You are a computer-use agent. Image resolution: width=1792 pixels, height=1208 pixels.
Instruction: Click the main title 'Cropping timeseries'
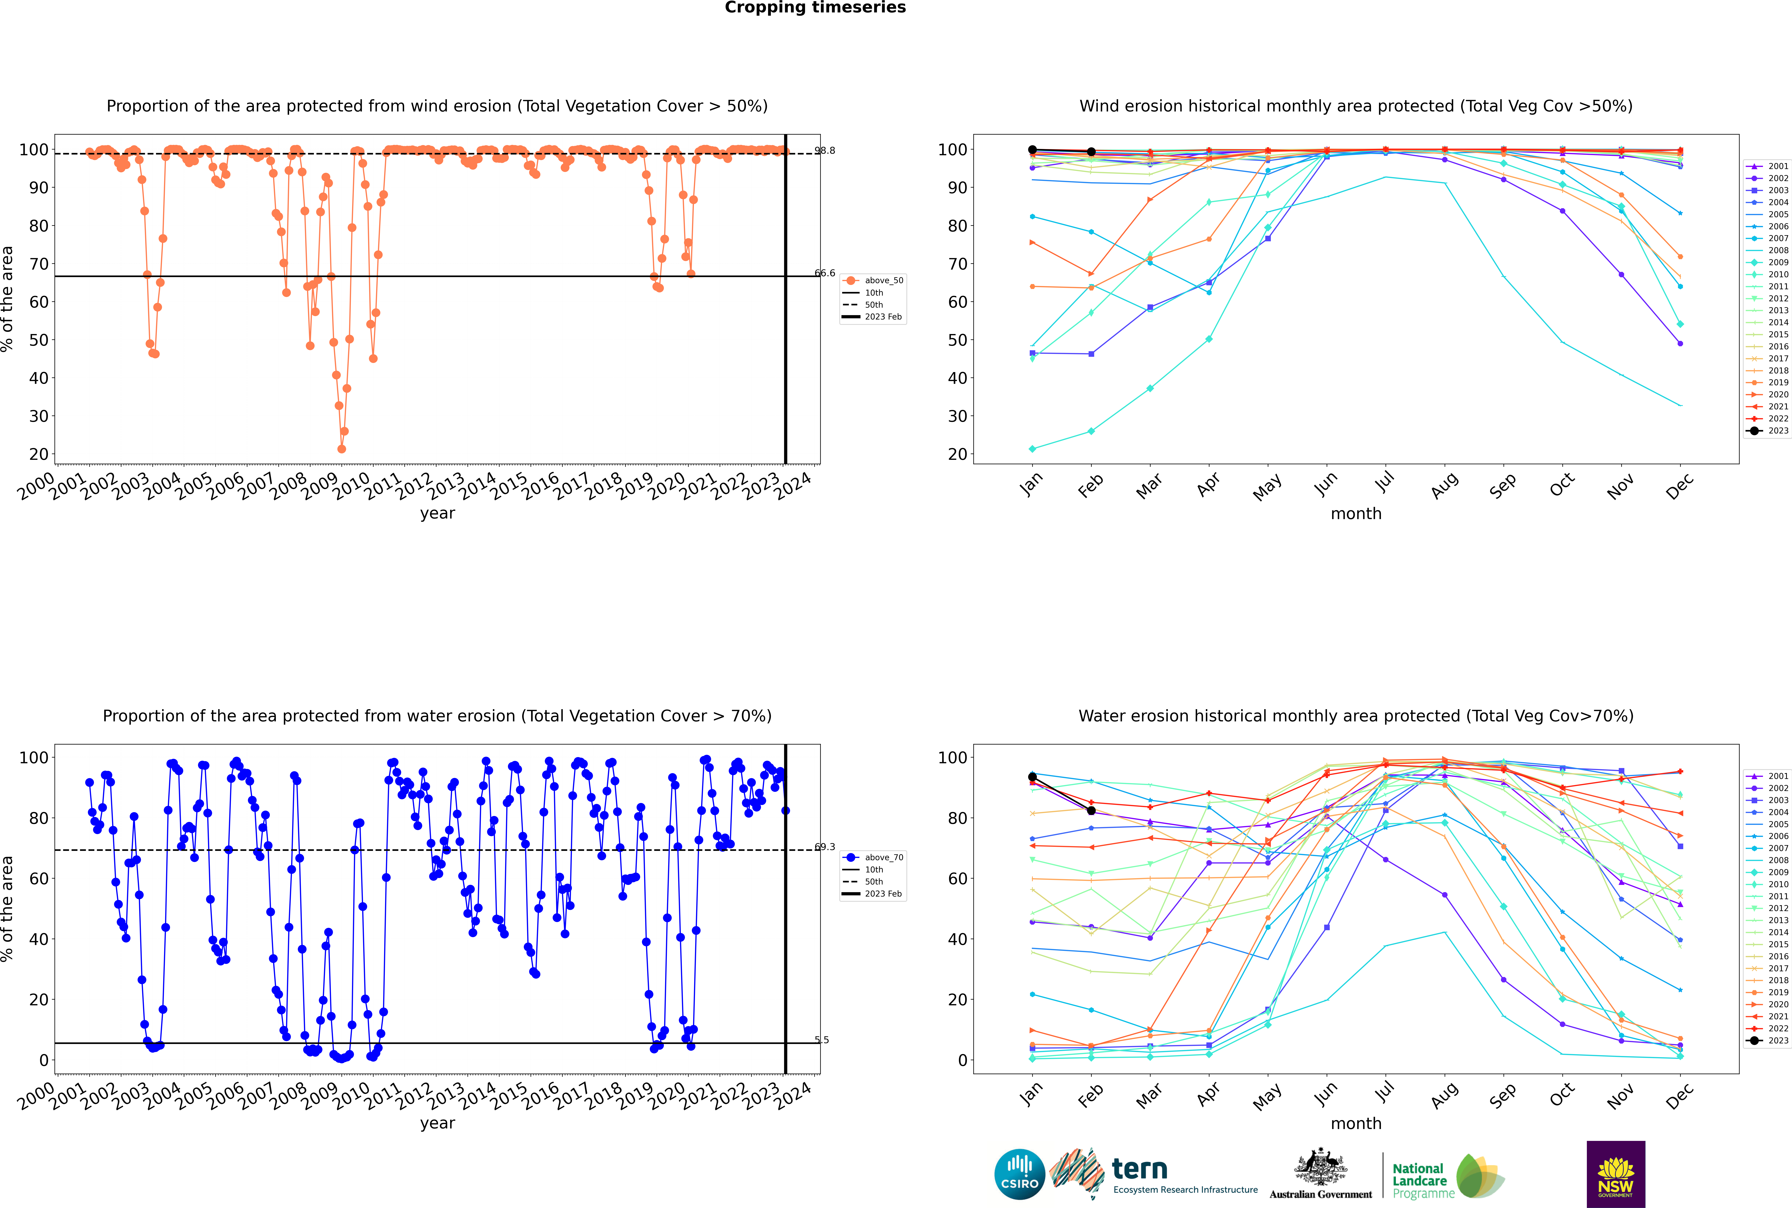point(815,8)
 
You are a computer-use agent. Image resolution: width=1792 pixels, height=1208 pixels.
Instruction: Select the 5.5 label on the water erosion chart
point(822,1040)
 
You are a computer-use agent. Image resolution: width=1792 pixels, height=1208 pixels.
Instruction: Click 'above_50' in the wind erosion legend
point(884,280)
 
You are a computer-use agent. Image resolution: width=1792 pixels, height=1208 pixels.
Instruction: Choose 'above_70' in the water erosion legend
point(884,858)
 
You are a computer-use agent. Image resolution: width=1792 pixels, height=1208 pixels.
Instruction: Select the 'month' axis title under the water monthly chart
point(1356,1123)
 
